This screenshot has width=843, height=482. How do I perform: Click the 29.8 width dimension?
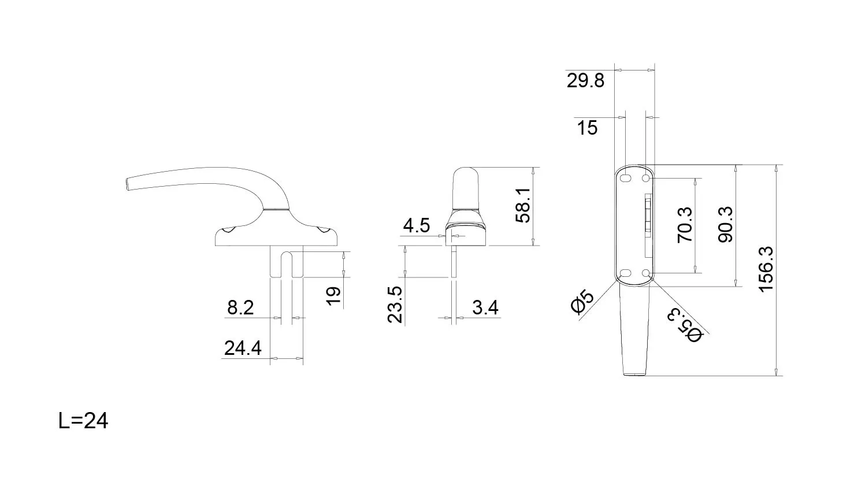[x=585, y=80]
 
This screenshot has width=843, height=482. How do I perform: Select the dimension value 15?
[x=587, y=128]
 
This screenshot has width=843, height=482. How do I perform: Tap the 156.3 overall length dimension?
[x=766, y=269]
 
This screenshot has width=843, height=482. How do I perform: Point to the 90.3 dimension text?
[x=725, y=224]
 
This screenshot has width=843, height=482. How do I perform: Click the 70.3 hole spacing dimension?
[x=685, y=225]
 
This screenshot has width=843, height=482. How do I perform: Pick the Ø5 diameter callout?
[x=582, y=302]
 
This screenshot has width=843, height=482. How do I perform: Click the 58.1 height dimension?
[x=523, y=206]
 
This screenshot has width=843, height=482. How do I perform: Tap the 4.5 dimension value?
[x=416, y=225]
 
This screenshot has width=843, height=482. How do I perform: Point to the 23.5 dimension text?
[x=395, y=305]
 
